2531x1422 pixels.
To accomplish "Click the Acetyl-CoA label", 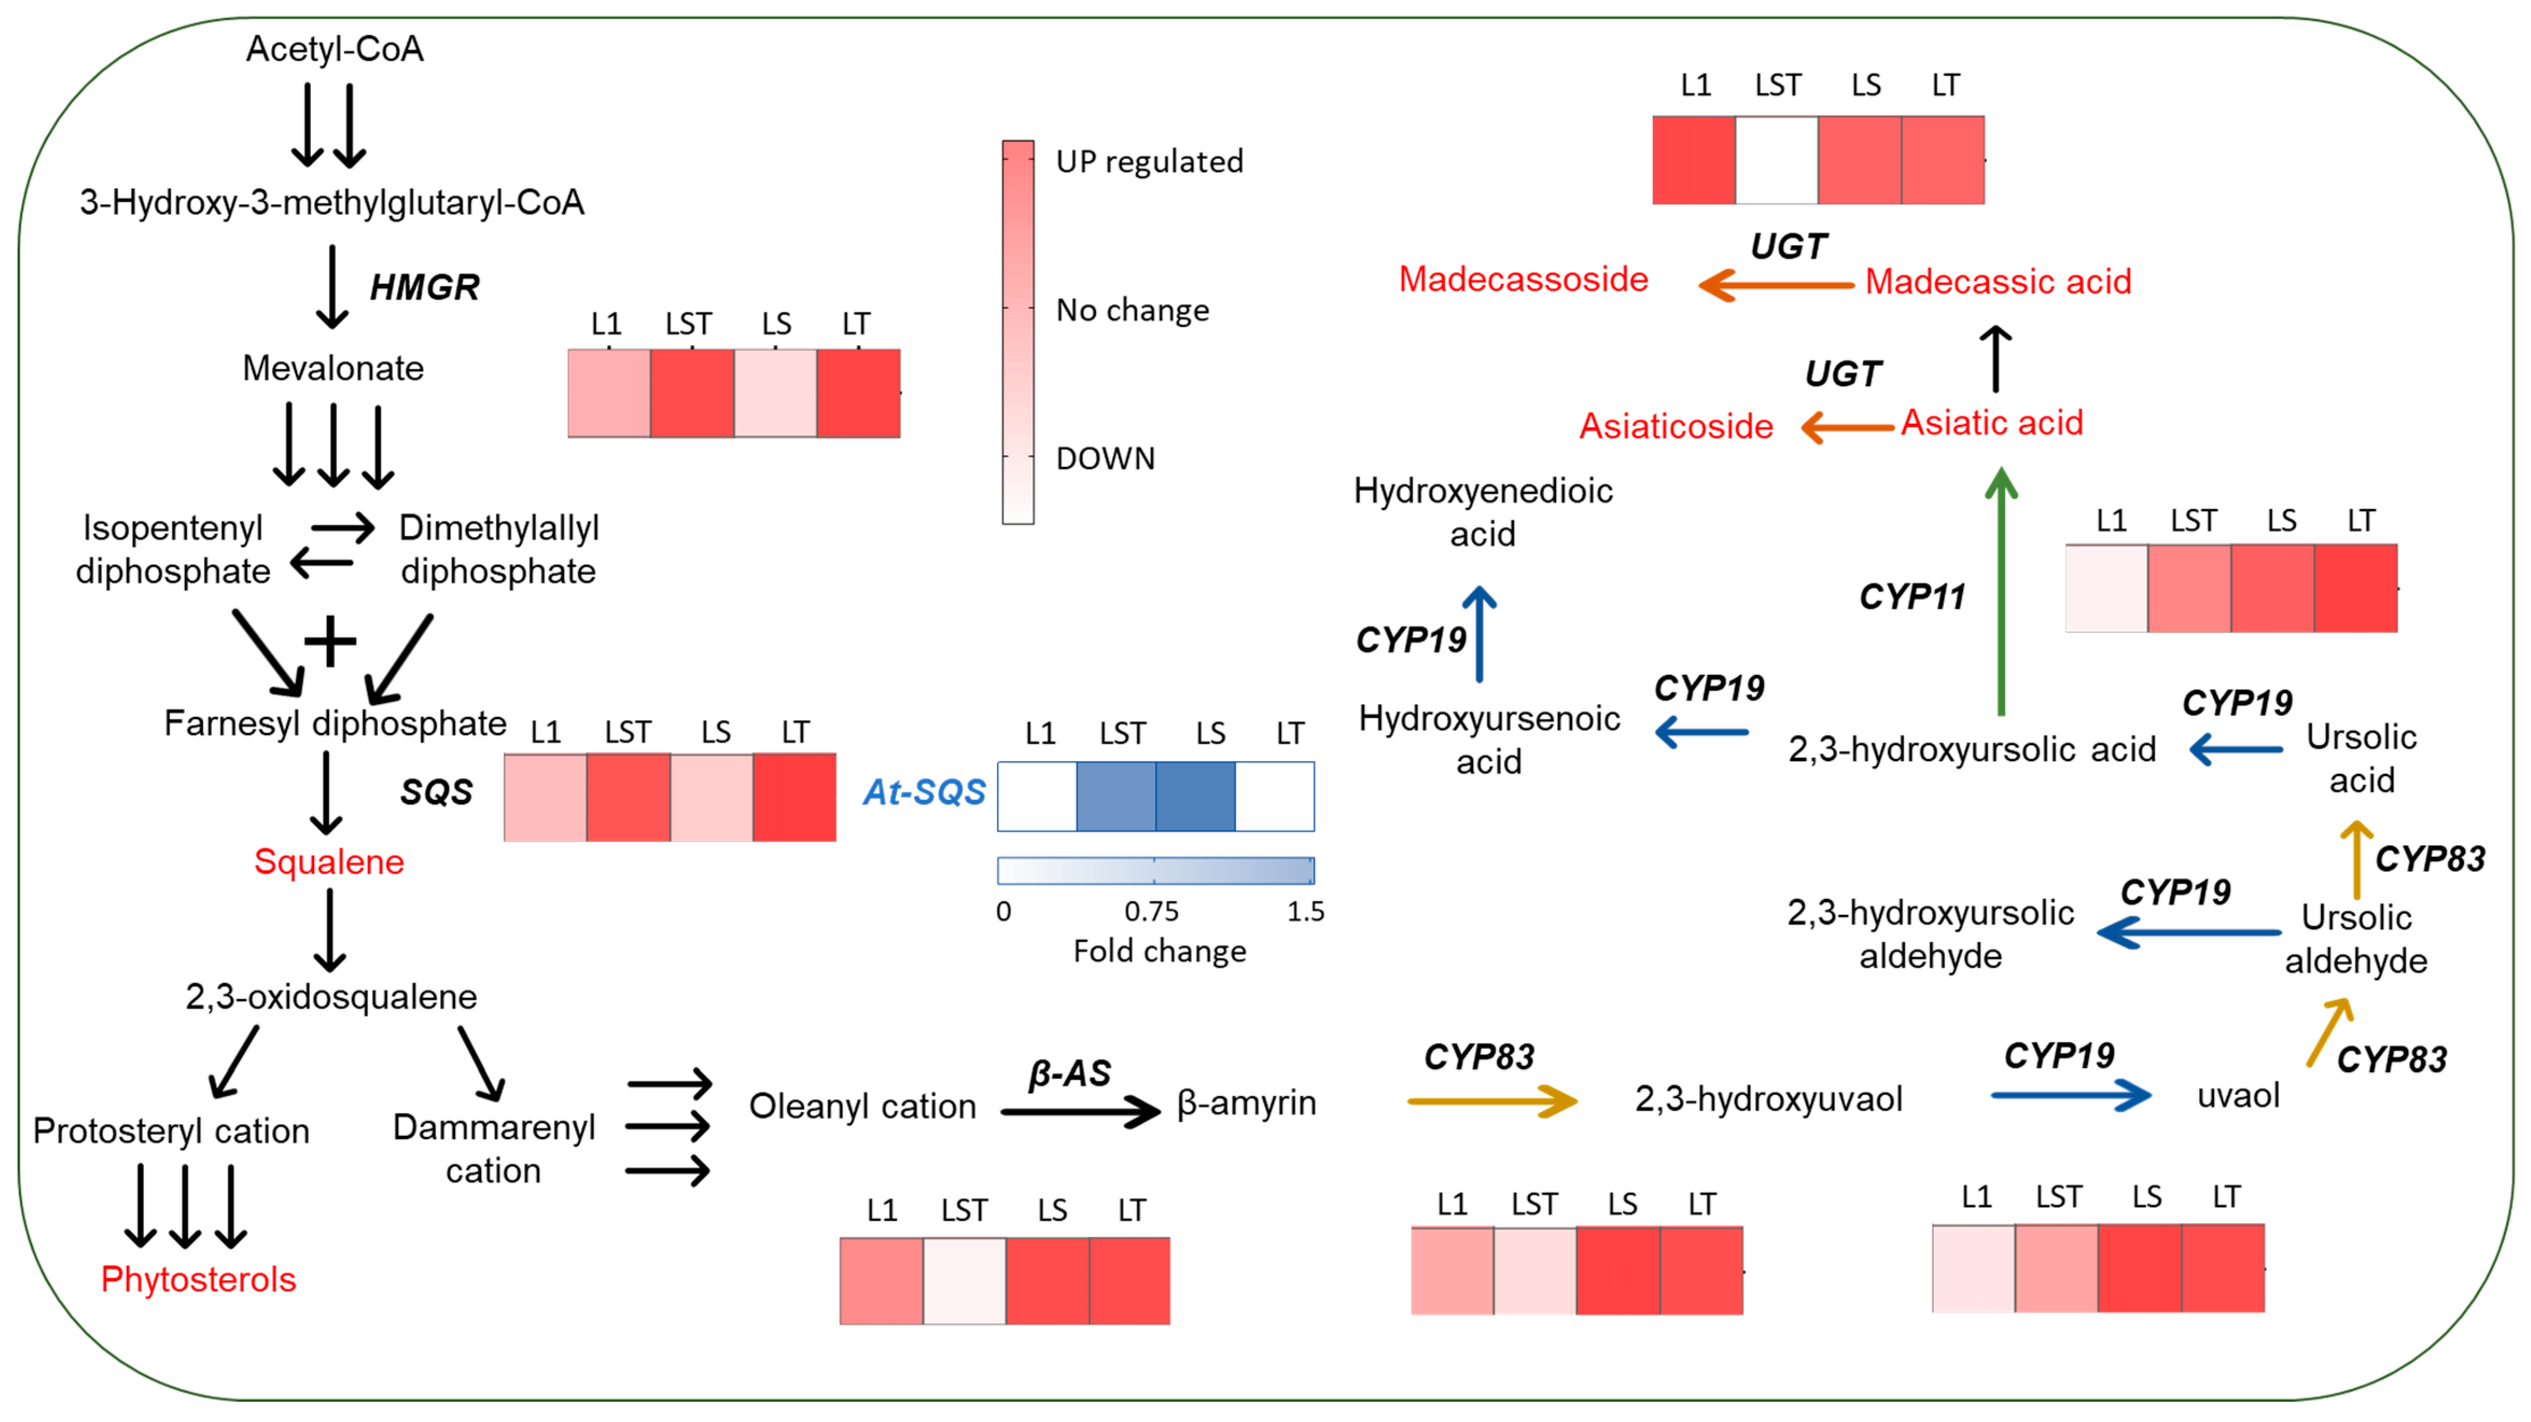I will [334, 49].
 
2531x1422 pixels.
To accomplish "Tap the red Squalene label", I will [328, 862].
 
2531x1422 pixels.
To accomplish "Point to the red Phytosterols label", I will [198, 1279].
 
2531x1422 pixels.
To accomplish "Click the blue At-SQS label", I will [924, 792].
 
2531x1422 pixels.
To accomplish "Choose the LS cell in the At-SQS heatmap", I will [1195, 796].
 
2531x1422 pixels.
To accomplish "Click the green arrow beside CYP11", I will [2002, 589].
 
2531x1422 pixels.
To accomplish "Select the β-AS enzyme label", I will [1069, 1073].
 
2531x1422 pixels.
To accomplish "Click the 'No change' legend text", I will [1132, 310].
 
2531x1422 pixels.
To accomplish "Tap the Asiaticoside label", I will [1675, 426].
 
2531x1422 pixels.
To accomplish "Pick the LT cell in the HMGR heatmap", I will [858, 393].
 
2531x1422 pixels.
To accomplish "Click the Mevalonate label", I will [333, 368].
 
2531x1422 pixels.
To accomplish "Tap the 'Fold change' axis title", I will [1160, 951].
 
